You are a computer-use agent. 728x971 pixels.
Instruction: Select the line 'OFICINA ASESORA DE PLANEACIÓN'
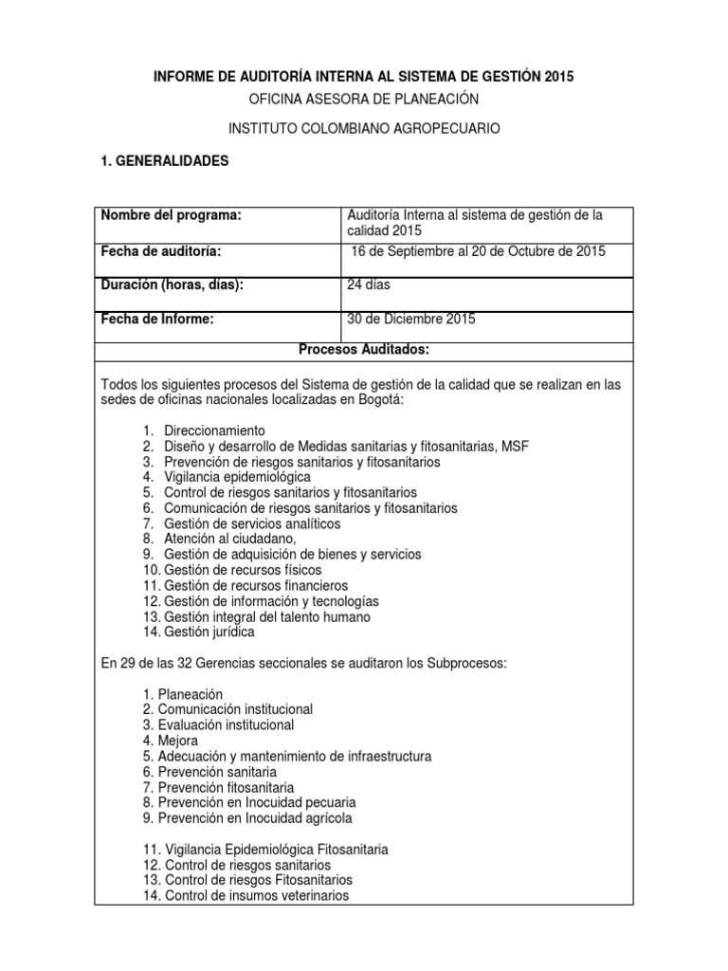(364, 99)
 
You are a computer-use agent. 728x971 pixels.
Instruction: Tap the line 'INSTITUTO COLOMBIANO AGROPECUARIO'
(364, 128)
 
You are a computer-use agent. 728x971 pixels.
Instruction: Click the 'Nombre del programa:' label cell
(172, 216)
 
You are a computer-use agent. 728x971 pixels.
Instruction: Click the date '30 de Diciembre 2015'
(411, 320)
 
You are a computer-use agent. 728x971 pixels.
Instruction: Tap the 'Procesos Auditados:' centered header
(364, 350)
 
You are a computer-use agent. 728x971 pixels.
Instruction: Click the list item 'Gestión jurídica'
(209, 632)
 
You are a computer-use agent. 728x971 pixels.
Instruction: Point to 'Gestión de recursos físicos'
(242, 570)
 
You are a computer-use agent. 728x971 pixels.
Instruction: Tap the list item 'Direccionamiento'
(214, 431)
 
